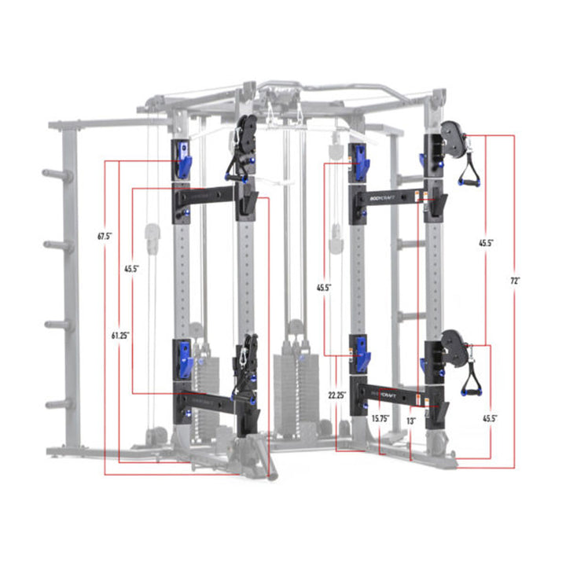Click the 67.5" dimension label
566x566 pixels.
click(x=105, y=235)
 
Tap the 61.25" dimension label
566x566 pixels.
click(x=119, y=335)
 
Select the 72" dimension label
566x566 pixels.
click(x=516, y=280)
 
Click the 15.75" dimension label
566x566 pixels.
click(x=381, y=419)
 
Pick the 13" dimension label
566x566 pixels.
click(x=411, y=421)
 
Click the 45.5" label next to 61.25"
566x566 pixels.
click(x=131, y=269)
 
